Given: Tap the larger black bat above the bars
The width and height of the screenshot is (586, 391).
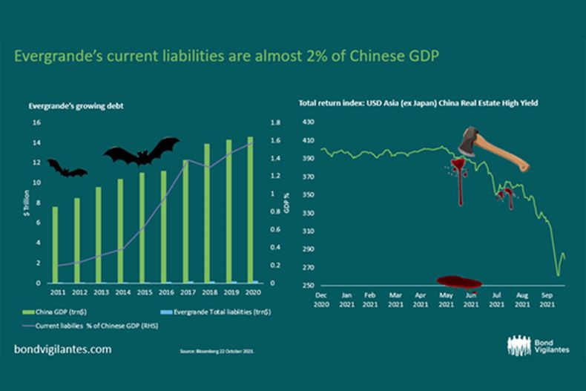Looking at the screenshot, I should pos(141,151).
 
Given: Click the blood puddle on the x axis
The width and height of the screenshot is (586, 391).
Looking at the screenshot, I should pos(459,282).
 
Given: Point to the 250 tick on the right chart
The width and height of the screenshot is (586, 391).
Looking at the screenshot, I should pos(309,286).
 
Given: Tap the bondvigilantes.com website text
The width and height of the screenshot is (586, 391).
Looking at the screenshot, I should pos(63,348).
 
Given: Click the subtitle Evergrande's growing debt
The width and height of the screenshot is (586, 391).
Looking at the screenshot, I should pos(76,106).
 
